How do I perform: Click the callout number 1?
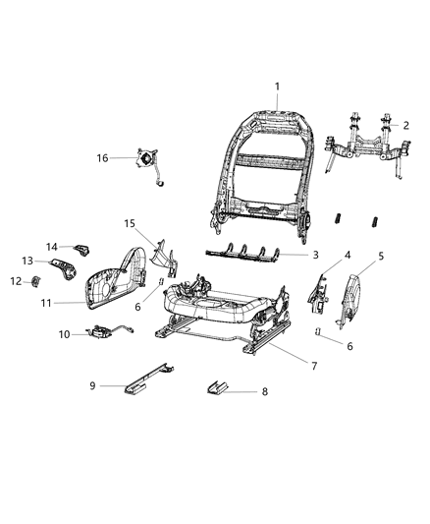(278, 87)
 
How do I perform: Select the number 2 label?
(406, 125)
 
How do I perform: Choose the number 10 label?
(65, 335)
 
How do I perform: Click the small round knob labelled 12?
(34, 283)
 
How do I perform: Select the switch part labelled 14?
(81, 246)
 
